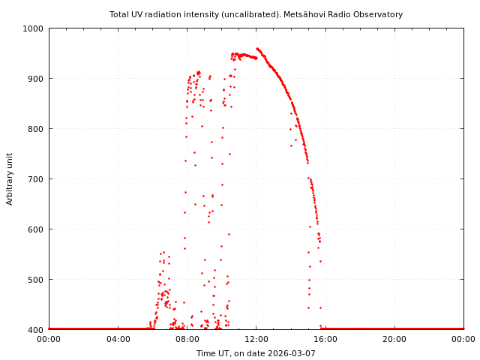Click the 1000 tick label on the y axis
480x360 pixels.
click(34, 28)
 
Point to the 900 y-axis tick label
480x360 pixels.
click(36, 79)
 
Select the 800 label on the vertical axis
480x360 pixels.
click(36, 129)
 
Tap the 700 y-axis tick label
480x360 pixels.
click(36, 179)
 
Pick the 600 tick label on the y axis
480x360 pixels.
click(36, 229)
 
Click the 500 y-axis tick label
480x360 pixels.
click(36, 280)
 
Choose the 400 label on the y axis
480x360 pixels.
click(36, 329)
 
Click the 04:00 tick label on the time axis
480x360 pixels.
click(118, 339)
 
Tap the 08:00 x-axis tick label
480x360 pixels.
click(187, 339)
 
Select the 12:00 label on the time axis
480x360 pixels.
click(256, 339)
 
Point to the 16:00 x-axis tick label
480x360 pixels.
click(325, 339)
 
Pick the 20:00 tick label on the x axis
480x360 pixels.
click(394, 339)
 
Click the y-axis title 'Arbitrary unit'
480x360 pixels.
click(10, 178)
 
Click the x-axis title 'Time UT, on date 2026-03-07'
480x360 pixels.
click(256, 353)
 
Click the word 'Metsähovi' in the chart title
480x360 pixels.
click(322, 14)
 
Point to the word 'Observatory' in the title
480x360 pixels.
click(380, 14)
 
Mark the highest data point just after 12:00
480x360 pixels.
click(256, 49)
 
